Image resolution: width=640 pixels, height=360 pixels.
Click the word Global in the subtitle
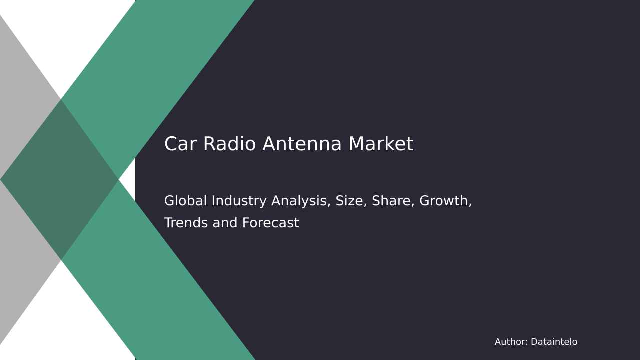click(185, 200)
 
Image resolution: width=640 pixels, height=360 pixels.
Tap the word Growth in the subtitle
click(445, 201)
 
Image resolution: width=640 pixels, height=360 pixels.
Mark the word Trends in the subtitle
click(185, 223)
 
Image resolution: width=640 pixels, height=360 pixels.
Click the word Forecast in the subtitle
click(270, 223)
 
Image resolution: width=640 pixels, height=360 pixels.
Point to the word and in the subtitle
click(225, 223)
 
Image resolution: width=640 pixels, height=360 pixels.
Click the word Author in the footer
click(511, 341)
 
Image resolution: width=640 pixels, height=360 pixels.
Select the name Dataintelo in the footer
click(554, 341)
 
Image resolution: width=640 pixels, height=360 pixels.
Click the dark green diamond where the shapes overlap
click(59, 179)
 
